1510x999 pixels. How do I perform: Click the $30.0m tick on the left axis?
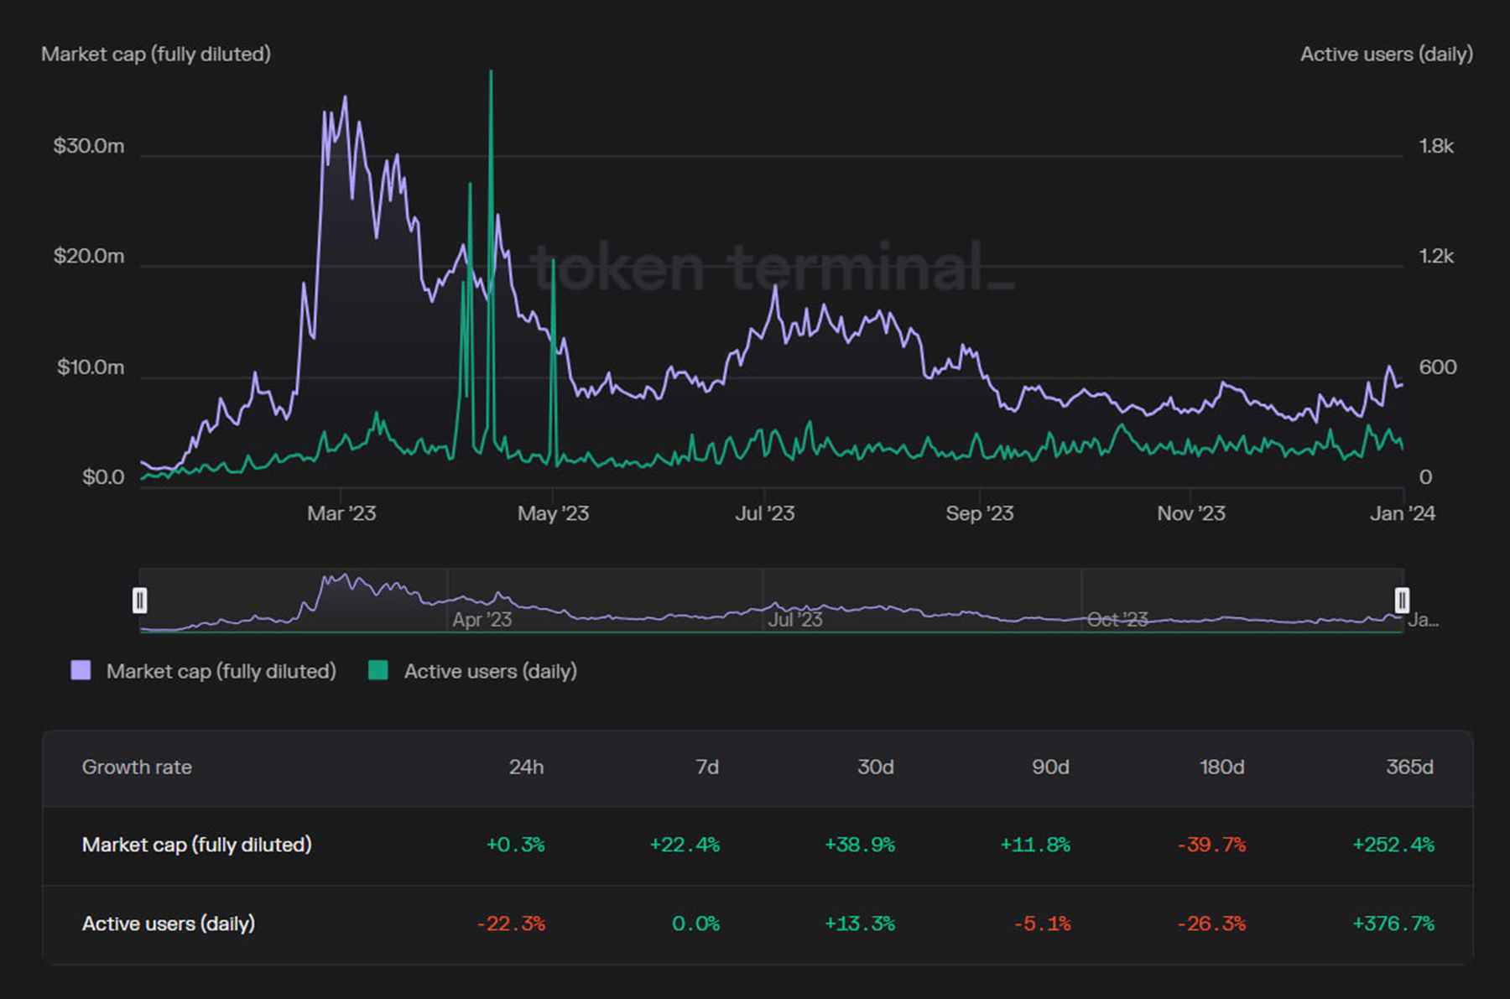tap(89, 146)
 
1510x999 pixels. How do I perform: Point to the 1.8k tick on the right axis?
tap(1436, 146)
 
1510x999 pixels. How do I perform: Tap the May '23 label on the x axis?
tap(553, 513)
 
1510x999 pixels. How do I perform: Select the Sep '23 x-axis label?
tap(979, 513)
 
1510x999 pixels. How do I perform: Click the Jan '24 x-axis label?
tap(1402, 513)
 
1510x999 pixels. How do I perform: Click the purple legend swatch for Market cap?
tap(81, 670)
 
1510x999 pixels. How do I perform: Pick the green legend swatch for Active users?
tap(378, 670)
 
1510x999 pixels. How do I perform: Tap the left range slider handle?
tap(140, 601)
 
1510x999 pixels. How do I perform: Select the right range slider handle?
tap(1402, 601)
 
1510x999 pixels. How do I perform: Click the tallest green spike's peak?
tap(491, 72)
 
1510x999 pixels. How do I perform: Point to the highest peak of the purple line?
tap(345, 97)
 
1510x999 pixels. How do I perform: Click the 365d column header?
tap(1409, 767)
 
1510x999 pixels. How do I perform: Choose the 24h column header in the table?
tap(526, 767)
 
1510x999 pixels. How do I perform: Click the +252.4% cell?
tap(1393, 845)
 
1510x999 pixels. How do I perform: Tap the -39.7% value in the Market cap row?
tap(1211, 845)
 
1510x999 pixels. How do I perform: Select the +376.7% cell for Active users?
tap(1393, 924)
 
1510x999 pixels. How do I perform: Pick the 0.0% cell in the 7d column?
tap(695, 924)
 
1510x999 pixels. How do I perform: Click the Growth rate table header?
tap(137, 767)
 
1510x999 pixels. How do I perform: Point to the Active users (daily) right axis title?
tap(1386, 55)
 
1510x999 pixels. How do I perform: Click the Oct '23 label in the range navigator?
tap(1117, 620)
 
